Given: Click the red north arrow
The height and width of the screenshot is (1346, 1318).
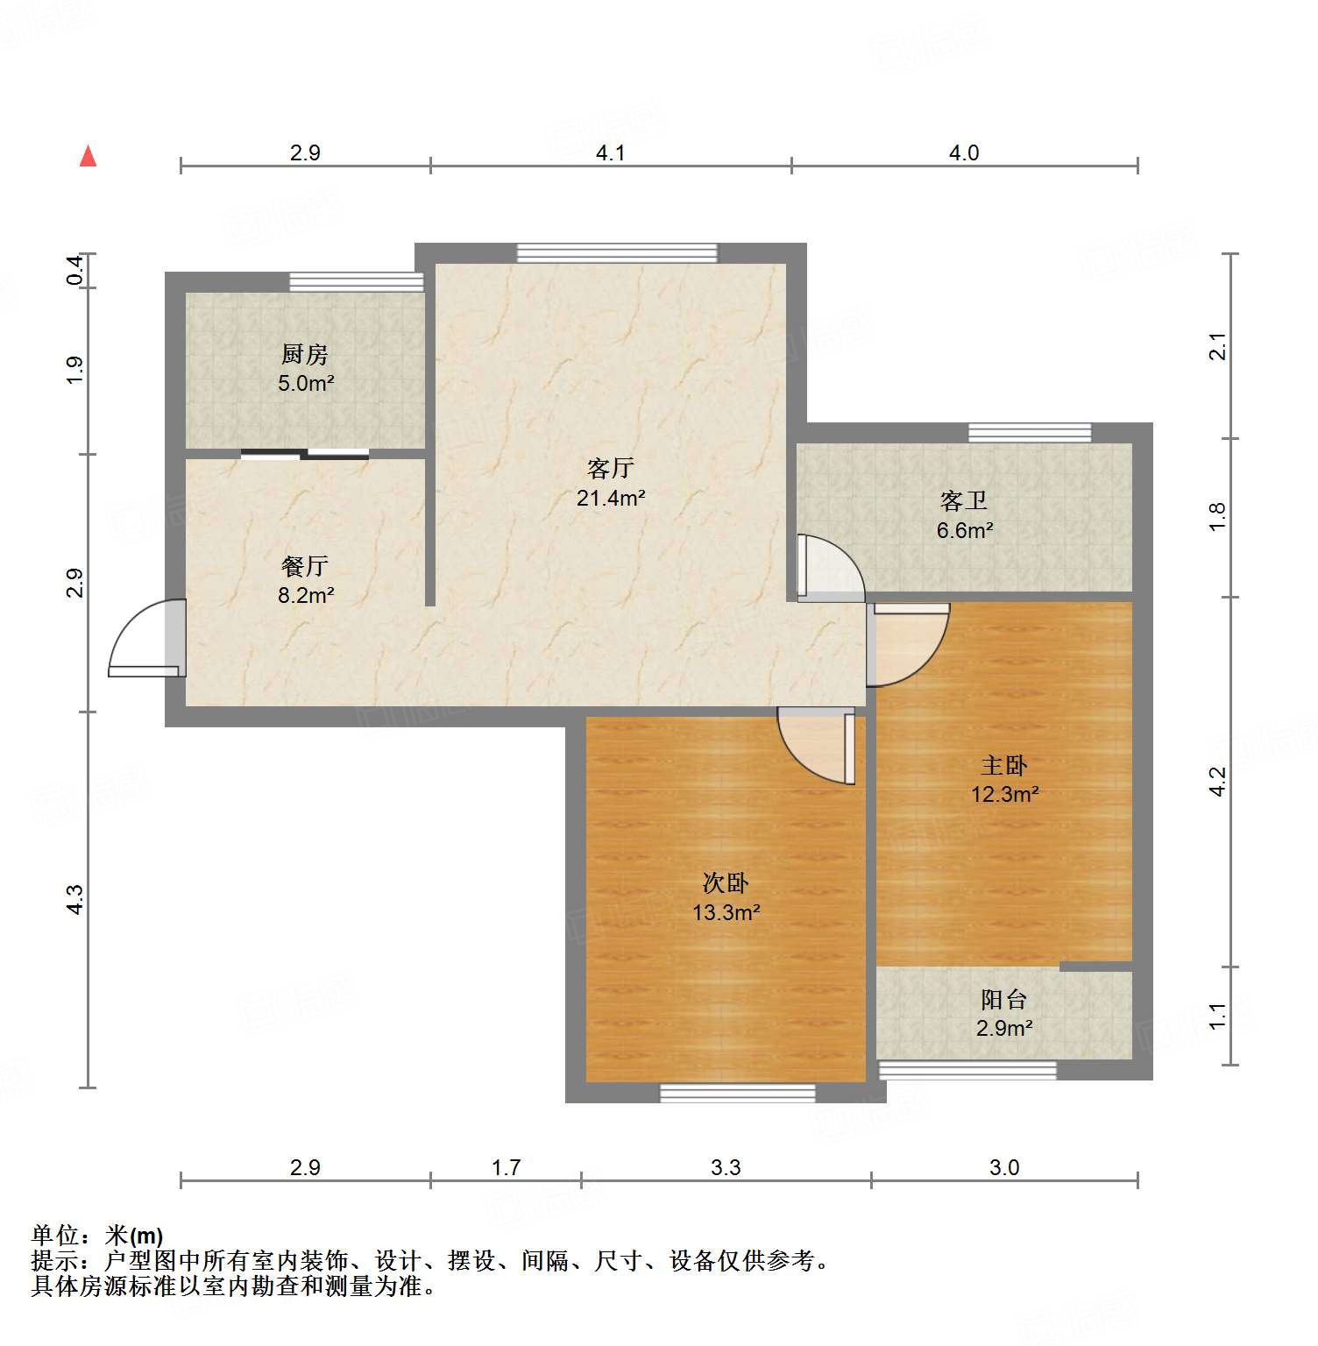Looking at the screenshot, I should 88,157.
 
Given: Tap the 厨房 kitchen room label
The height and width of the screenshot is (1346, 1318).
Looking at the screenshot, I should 305,355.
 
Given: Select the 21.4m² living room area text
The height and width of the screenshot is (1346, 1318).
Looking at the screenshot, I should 611,499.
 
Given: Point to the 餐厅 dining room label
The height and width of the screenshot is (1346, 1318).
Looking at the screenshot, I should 305,566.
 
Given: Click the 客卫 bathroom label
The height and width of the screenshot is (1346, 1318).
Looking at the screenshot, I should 964,501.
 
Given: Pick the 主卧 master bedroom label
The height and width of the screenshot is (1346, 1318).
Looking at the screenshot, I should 1004,766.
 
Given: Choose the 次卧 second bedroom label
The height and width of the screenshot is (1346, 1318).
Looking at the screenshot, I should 726,883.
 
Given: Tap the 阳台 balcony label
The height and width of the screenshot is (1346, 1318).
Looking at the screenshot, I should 1004,1000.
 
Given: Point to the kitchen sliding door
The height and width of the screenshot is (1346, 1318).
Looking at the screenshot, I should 305,454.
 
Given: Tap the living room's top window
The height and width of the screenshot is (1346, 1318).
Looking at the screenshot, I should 617,253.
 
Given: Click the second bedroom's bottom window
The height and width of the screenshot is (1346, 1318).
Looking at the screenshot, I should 737,1093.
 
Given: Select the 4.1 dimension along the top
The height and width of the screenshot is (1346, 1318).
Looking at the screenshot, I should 611,153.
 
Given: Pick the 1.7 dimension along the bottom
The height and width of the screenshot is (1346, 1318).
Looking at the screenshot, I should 507,1168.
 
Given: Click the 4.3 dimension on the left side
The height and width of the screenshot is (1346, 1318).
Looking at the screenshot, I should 75,900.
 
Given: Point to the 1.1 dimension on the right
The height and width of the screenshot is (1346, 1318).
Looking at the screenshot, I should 1218,1017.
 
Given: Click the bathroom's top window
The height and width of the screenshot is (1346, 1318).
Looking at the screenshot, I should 1030,433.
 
